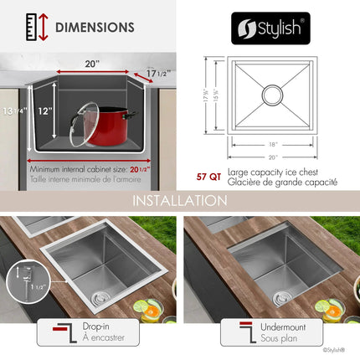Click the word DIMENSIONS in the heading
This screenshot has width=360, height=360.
95,27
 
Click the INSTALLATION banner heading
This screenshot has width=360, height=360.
179,201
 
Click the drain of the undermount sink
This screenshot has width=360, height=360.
283,293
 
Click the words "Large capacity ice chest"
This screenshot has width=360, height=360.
270,170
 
